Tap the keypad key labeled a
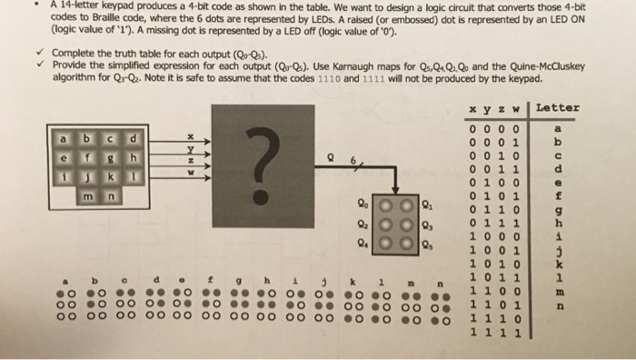tap(64, 140)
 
